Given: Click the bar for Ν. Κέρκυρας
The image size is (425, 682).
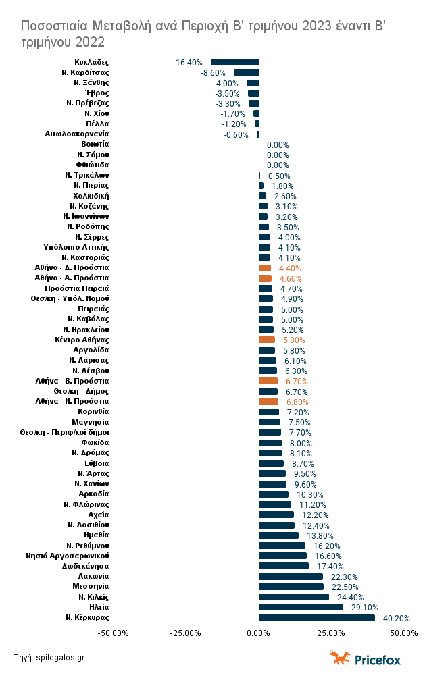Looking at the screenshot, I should click(316, 617).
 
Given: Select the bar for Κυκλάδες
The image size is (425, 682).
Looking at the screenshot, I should click(234, 62).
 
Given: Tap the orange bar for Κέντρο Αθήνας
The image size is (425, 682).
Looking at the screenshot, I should click(267, 340).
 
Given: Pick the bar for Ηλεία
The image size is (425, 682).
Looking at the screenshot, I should click(301, 607).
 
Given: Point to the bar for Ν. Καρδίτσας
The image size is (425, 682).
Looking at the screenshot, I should click(246, 72).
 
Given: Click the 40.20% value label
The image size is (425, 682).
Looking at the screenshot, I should click(396, 618).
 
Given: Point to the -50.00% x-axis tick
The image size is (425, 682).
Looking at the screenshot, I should click(114, 633).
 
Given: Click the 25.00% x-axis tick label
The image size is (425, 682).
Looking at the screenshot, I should click(330, 633).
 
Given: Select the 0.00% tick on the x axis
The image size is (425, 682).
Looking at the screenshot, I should click(258, 633).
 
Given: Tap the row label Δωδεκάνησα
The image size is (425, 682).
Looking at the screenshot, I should click(86, 566).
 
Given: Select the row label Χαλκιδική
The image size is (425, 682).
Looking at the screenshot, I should click(91, 195).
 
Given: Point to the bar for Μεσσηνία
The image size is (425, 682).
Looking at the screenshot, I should click(291, 587).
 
